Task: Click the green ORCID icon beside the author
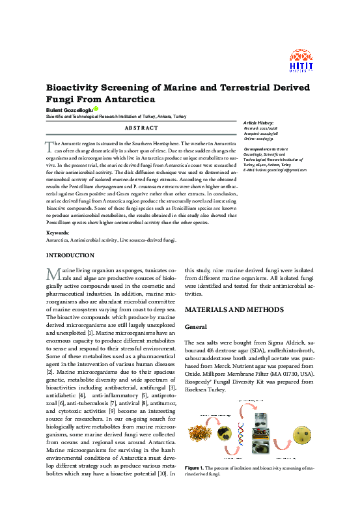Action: click(x=95, y=109)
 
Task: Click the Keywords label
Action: click(x=57, y=233)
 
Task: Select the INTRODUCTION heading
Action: click(x=70, y=255)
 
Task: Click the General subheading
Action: click(x=196, y=326)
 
